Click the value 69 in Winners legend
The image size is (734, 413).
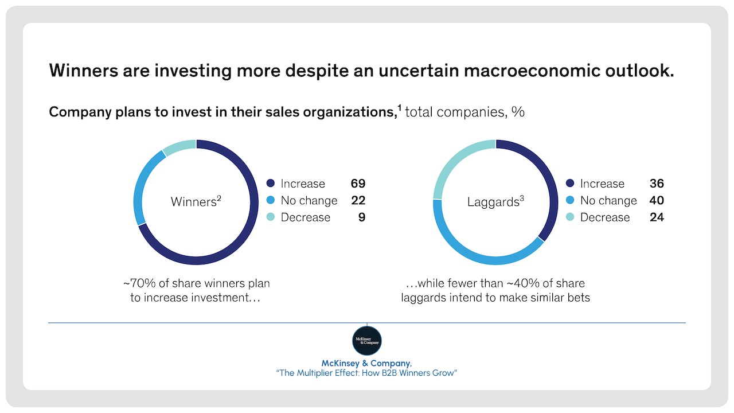(x=358, y=184)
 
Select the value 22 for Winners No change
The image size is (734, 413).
(x=358, y=200)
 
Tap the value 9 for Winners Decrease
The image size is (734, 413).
(x=361, y=217)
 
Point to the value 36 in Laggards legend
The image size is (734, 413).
(x=657, y=184)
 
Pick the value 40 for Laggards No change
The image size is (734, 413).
(x=657, y=200)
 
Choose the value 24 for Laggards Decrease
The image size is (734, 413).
(x=657, y=217)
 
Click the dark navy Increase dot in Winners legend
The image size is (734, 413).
(x=271, y=184)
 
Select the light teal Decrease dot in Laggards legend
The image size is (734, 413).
(x=570, y=217)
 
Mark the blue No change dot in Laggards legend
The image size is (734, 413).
(x=570, y=200)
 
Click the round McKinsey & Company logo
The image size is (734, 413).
(x=366, y=341)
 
